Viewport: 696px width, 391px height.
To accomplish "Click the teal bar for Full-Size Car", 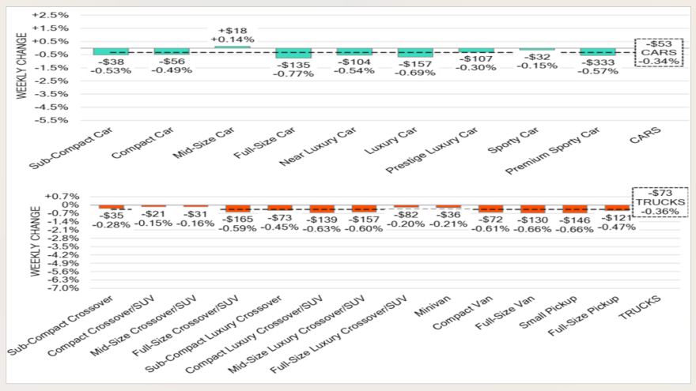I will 293,53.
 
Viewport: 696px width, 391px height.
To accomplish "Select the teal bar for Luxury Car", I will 415,52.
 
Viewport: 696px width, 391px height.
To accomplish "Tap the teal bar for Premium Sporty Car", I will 598,51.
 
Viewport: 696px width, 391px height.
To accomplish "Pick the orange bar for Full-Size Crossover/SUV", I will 238,209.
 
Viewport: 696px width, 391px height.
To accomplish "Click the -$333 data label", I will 598,62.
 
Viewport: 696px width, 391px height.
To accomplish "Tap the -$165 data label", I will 238,216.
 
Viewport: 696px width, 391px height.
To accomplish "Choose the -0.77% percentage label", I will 293,73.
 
